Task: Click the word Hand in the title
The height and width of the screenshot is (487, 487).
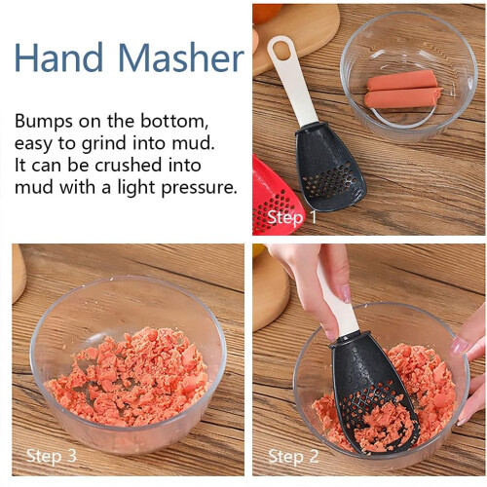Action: (x=58, y=56)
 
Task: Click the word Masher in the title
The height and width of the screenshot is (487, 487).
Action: (x=181, y=56)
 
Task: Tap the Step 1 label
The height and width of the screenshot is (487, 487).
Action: (x=292, y=217)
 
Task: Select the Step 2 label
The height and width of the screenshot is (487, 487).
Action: (x=293, y=456)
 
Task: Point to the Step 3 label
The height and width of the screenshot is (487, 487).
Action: (x=52, y=455)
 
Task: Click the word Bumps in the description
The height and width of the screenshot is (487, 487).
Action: (x=44, y=122)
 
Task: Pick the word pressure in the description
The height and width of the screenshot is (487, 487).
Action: (x=199, y=187)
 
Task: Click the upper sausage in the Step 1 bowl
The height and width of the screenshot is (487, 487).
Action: (x=401, y=80)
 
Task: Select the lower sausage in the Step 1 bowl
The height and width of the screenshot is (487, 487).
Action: (x=402, y=97)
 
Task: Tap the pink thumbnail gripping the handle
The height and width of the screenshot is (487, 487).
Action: (x=346, y=294)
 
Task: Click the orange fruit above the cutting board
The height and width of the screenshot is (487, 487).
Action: (x=267, y=13)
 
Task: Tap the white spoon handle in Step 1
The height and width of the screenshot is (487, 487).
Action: (x=293, y=81)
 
